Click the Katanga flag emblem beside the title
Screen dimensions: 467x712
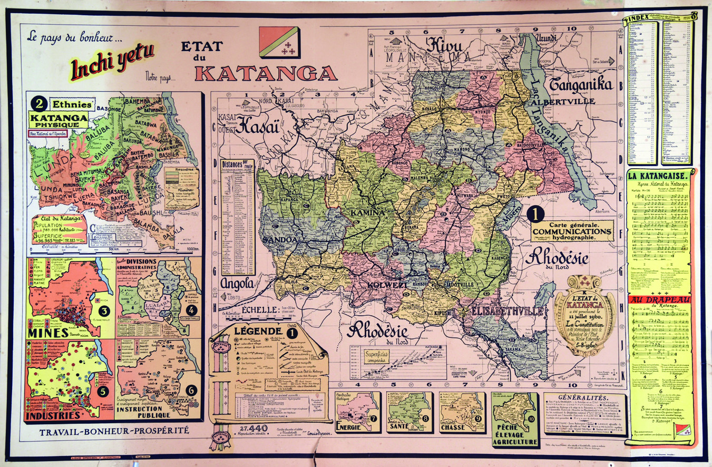(279, 43)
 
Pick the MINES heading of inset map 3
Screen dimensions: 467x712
(51, 333)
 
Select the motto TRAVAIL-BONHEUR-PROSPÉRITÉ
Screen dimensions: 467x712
(114, 431)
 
